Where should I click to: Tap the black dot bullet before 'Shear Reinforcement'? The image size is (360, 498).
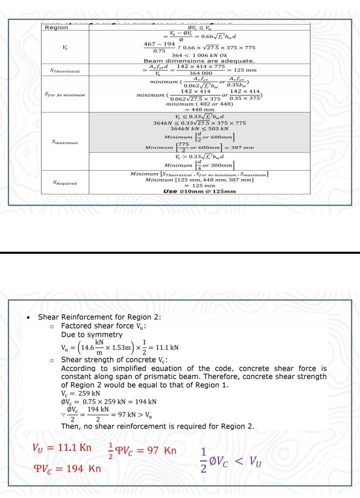pyautogui.click(x=30, y=318)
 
